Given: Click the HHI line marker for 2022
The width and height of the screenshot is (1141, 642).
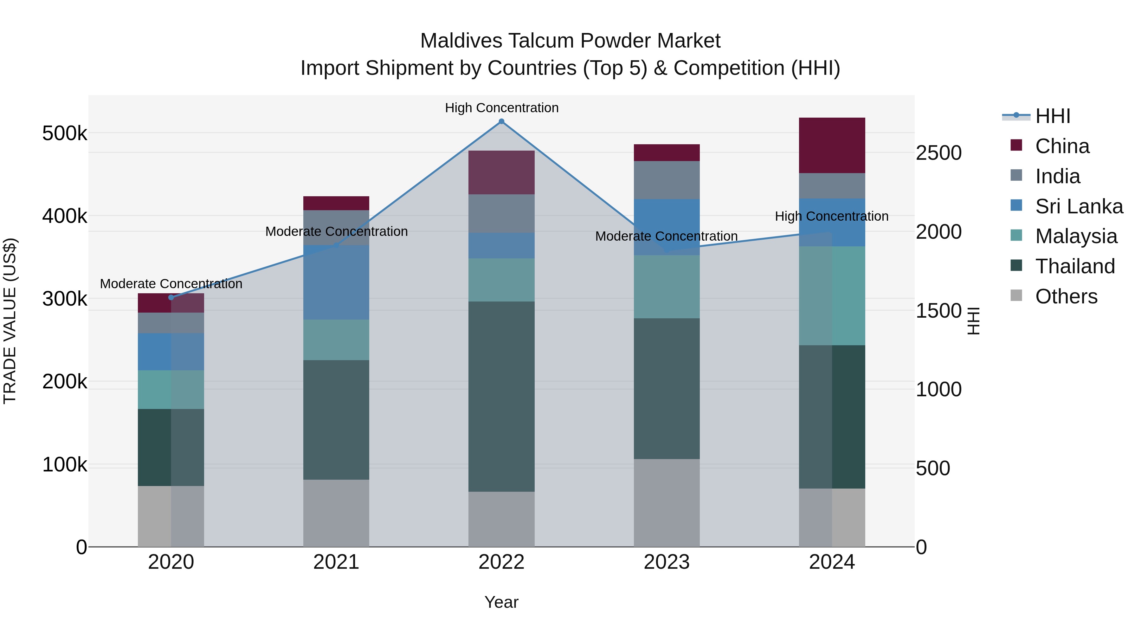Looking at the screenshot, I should point(501,121).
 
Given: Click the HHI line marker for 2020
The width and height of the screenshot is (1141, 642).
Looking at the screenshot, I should point(171,297).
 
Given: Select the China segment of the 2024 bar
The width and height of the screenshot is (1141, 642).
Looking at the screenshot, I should point(832,145).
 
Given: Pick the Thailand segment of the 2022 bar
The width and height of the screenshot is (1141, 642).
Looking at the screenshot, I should point(501,397).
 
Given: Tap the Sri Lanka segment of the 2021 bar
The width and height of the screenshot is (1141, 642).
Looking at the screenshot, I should point(336,282).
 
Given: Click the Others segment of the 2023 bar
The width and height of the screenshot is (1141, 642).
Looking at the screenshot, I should point(667,503).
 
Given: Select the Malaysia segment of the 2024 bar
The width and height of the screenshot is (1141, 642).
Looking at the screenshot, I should point(832,295).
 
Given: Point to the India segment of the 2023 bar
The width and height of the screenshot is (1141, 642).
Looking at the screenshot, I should point(667,180).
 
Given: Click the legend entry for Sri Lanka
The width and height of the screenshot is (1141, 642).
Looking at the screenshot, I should point(1079,206).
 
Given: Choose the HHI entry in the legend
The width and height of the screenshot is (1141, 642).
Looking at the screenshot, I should point(1052,116).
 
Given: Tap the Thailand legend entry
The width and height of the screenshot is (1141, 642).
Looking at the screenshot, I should point(1074,266).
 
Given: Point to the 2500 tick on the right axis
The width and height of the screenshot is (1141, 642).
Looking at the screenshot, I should point(938,153).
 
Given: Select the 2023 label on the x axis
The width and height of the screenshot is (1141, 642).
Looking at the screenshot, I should point(667,562).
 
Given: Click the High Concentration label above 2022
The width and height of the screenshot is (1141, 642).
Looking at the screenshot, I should point(501,108).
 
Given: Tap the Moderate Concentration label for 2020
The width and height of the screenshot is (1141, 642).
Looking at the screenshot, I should point(171,283).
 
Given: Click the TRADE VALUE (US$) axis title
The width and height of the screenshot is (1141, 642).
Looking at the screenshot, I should point(10,321).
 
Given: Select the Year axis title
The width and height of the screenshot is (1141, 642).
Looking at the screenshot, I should point(501,602).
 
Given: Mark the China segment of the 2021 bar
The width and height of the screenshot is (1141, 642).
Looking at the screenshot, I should point(336,203).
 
